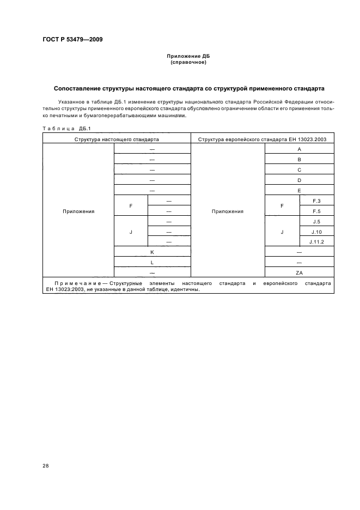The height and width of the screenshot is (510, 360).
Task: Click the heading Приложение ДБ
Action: tap(188, 56)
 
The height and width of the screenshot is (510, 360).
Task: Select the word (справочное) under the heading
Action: tap(188, 62)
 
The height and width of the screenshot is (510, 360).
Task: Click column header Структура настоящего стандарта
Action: tap(117, 139)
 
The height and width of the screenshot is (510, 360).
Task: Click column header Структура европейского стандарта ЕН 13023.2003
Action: tap(262, 139)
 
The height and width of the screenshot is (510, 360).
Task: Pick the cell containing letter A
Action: tap(299, 149)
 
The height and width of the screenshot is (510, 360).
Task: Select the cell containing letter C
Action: tap(299, 169)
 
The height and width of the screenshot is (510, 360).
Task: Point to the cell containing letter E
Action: tap(299, 191)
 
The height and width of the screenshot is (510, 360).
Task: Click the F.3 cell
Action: tap(316, 201)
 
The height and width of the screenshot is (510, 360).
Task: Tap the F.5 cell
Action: tap(316, 211)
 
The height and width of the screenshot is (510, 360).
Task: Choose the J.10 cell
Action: tap(316, 232)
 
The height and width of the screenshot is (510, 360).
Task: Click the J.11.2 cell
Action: tap(316, 241)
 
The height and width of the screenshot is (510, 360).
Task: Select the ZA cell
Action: tap(299, 272)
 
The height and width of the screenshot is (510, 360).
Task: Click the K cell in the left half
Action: tap(152, 252)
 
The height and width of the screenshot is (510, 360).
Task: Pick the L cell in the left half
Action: tap(152, 262)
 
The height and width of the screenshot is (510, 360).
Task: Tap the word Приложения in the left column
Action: tap(78, 211)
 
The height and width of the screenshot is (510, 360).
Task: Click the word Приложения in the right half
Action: tap(228, 211)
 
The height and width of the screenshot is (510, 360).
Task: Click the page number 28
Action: tap(45, 466)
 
